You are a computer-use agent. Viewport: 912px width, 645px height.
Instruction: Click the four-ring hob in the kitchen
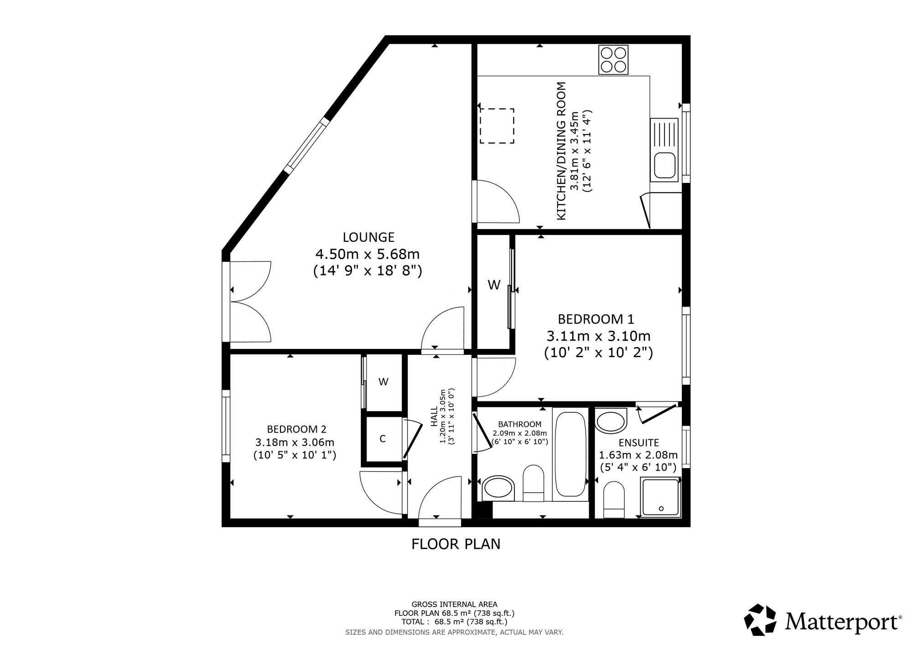click(613, 60)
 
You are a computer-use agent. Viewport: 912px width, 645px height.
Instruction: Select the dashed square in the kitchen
click(497, 126)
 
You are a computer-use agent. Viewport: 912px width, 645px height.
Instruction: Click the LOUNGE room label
click(368, 237)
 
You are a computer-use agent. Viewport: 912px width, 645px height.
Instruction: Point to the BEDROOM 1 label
click(596, 319)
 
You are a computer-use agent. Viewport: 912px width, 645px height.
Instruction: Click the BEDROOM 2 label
click(296, 429)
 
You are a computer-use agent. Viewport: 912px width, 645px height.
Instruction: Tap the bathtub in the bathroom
click(570, 457)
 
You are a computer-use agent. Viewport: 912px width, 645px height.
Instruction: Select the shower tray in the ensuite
click(661, 497)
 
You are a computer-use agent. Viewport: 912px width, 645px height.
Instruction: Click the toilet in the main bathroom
click(533, 484)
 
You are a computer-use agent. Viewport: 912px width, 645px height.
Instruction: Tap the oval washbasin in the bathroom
click(498, 489)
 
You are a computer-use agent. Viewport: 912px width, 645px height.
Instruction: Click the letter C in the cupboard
click(383, 439)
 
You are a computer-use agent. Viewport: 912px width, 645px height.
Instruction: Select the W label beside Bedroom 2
click(383, 382)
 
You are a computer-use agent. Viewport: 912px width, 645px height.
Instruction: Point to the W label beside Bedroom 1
click(494, 285)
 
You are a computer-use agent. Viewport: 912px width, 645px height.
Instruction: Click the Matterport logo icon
click(760, 619)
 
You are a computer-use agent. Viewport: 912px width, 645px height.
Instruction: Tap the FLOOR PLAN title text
click(456, 544)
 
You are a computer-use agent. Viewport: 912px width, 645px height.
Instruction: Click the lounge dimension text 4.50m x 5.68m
click(368, 254)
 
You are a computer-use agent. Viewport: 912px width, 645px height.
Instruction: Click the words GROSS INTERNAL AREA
click(454, 604)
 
